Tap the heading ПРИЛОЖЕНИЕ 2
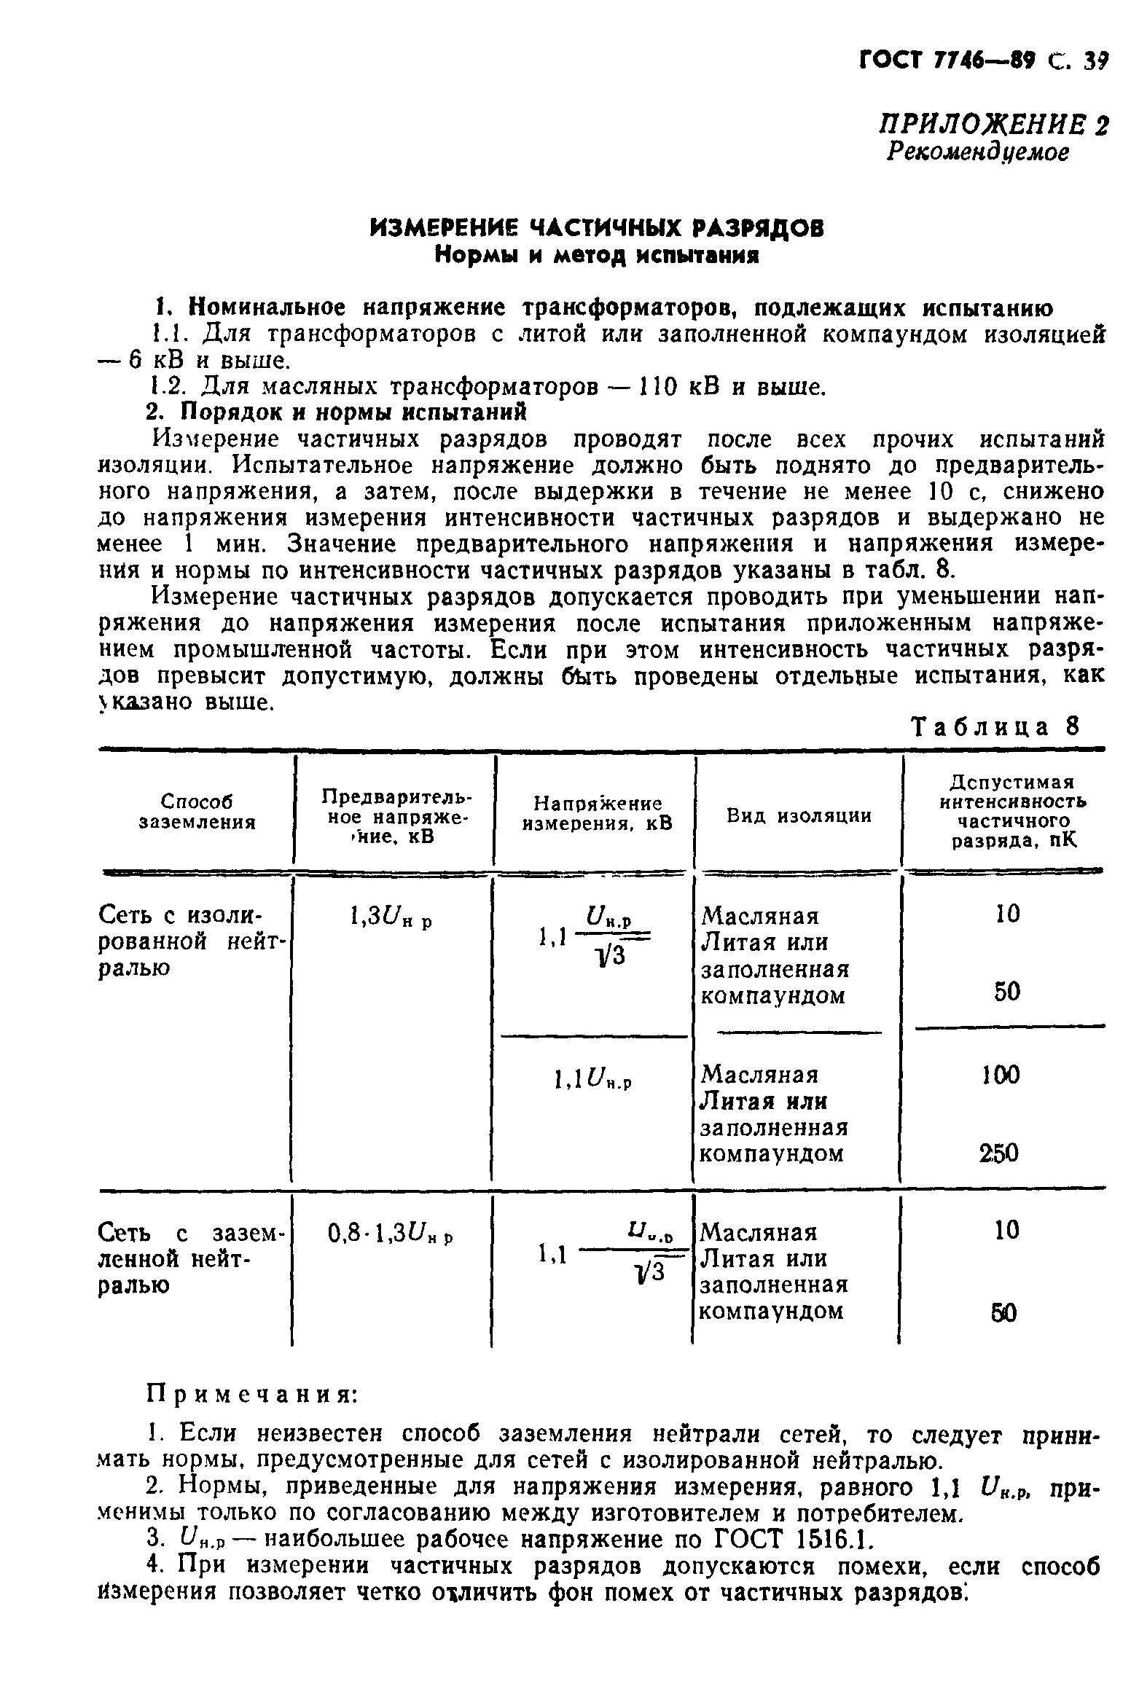click(993, 125)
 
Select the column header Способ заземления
click(197, 812)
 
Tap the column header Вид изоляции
click(799, 816)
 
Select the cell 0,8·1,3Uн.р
click(391, 1234)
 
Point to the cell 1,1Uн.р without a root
click(592, 1076)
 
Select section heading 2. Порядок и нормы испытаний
click(336, 412)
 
